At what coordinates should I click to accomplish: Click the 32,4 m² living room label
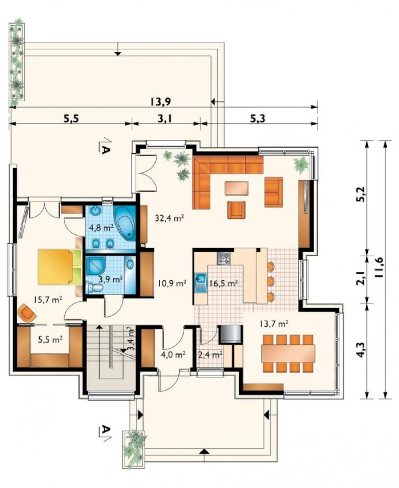tap(170, 218)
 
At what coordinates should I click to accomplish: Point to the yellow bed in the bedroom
tap(60, 267)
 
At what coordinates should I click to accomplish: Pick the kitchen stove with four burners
tap(223, 258)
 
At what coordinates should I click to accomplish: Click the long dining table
tap(288, 353)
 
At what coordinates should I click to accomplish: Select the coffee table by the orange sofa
tap(237, 188)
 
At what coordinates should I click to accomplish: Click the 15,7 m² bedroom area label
tap(48, 300)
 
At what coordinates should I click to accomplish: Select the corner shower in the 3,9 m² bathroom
tap(96, 266)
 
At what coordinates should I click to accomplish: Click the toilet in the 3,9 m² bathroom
tap(95, 287)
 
